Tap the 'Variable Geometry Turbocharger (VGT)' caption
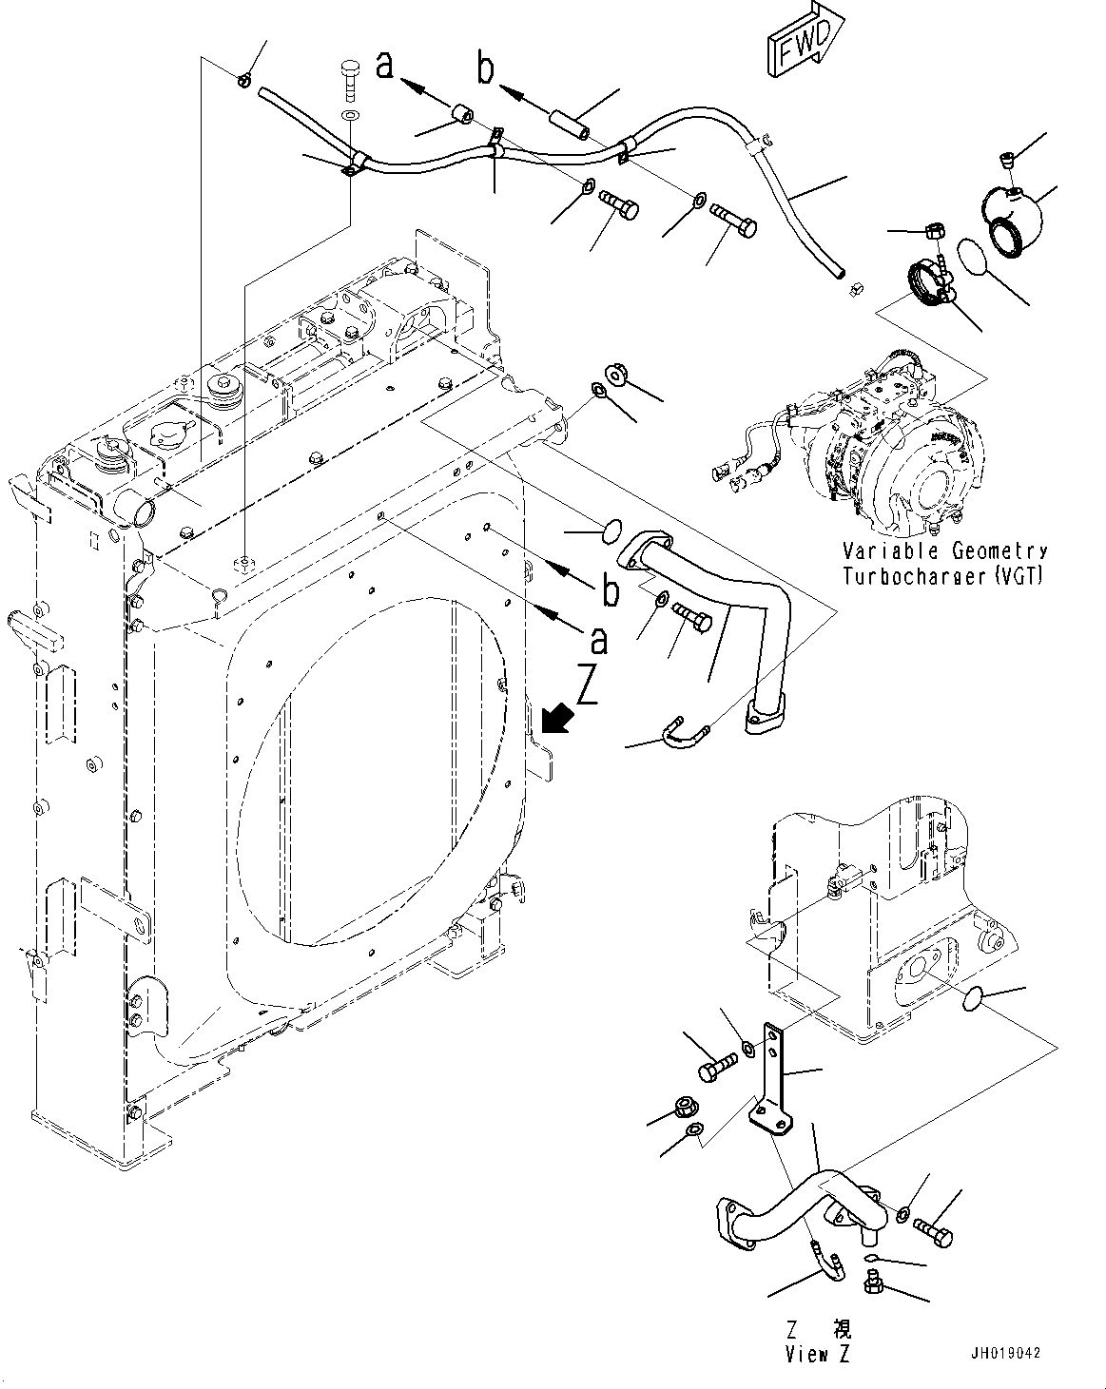[944, 563]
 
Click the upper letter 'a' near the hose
[385, 65]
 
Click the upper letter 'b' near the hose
[486, 68]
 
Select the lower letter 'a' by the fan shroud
[599, 641]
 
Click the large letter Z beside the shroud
[587, 686]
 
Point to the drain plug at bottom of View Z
[872, 1286]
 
